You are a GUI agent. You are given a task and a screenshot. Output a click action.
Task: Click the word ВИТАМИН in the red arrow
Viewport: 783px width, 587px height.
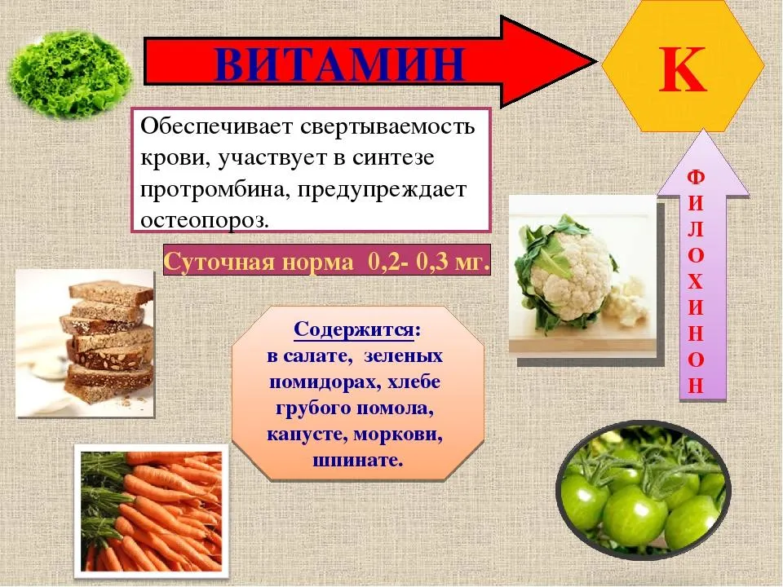(x=340, y=64)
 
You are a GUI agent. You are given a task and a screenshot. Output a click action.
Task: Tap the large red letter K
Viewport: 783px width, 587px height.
(x=683, y=70)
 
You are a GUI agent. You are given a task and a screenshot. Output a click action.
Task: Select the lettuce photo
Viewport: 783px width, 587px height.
(x=70, y=75)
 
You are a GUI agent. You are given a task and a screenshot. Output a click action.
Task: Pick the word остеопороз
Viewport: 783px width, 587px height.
(x=205, y=220)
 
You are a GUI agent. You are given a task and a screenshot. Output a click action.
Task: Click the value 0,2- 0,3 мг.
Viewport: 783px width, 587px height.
(x=428, y=262)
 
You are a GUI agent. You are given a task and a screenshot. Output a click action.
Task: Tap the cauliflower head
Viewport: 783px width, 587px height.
(x=569, y=276)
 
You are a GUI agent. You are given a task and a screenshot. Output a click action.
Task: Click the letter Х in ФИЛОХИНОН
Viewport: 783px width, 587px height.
(x=695, y=282)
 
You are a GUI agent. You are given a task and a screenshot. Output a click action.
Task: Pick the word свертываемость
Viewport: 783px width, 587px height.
(x=387, y=126)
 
